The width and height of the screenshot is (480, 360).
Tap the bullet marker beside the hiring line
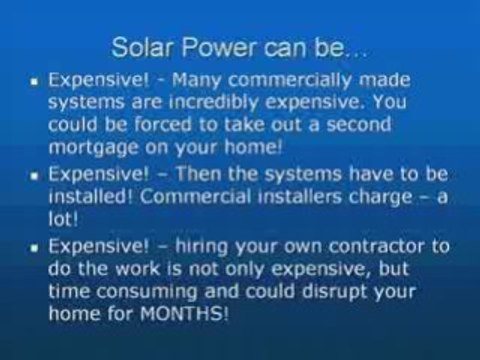(36, 245)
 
